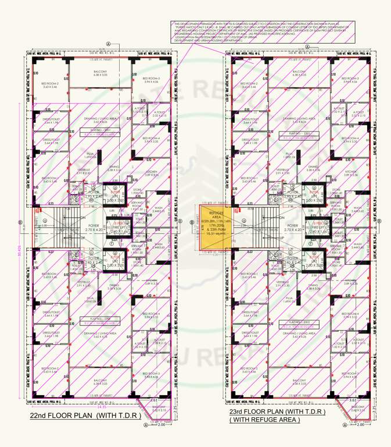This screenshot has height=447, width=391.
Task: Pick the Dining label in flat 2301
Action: [313, 168]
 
